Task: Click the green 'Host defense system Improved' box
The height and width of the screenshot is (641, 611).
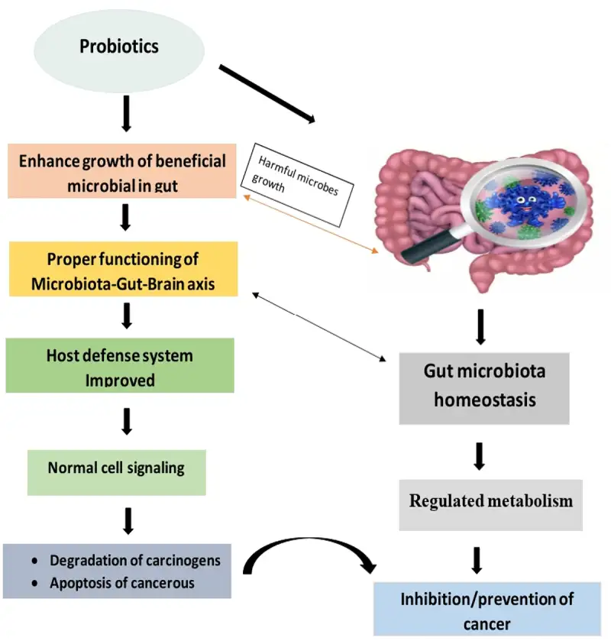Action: coord(120,367)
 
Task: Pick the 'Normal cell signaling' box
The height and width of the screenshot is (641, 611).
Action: coord(116,468)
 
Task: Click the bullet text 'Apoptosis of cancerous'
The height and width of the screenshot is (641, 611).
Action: coord(122,583)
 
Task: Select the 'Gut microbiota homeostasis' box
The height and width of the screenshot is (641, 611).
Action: coord(484,387)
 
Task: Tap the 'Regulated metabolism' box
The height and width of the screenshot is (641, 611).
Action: coord(490,502)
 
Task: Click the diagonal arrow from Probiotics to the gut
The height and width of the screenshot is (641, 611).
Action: coord(267,95)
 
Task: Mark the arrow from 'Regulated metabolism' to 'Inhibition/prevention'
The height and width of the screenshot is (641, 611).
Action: coord(477,558)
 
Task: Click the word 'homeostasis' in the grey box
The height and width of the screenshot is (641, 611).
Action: coord(484,400)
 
